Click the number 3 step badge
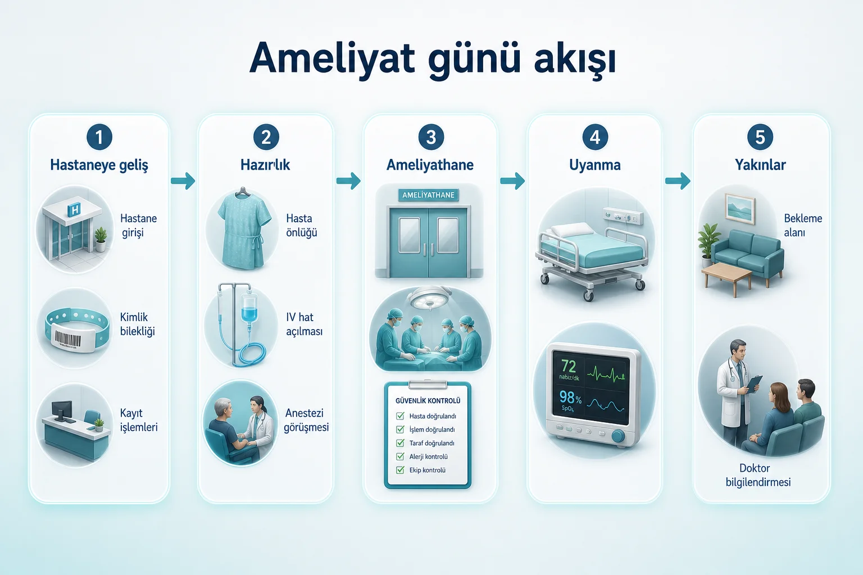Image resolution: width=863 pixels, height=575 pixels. pyautogui.click(x=431, y=137)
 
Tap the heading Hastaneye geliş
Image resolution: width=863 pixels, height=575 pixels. pyautogui.click(x=99, y=165)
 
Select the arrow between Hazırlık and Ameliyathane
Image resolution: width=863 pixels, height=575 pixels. pyautogui.click(x=348, y=181)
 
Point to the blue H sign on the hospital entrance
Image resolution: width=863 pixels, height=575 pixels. pyautogui.click(x=74, y=210)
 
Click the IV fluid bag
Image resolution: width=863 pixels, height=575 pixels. pyautogui.click(x=249, y=308)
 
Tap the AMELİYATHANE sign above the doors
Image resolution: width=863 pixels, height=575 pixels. pyautogui.click(x=429, y=195)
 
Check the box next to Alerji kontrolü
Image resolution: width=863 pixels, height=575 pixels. pyautogui.click(x=400, y=457)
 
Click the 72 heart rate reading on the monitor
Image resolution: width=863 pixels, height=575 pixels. pyautogui.click(x=569, y=366)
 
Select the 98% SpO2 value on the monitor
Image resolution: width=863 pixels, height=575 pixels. pyautogui.click(x=571, y=397)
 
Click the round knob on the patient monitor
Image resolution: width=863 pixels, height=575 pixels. pyautogui.click(x=618, y=436)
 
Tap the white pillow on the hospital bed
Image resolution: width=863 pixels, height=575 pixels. pyautogui.click(x=572, y=230)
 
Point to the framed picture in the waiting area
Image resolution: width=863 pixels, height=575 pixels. pyautogui.click(x=740, y=209)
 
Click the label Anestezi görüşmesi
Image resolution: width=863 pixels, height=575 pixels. pyautogui.click(x=306, y=420)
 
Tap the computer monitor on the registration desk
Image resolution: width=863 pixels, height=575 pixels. pyautogui.click(x=62, y=410)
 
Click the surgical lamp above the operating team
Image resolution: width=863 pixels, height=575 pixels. pyautogui.click(x=431, y=298)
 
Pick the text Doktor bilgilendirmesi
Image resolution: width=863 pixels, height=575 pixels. pyautogui.click(x=758, y=475)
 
